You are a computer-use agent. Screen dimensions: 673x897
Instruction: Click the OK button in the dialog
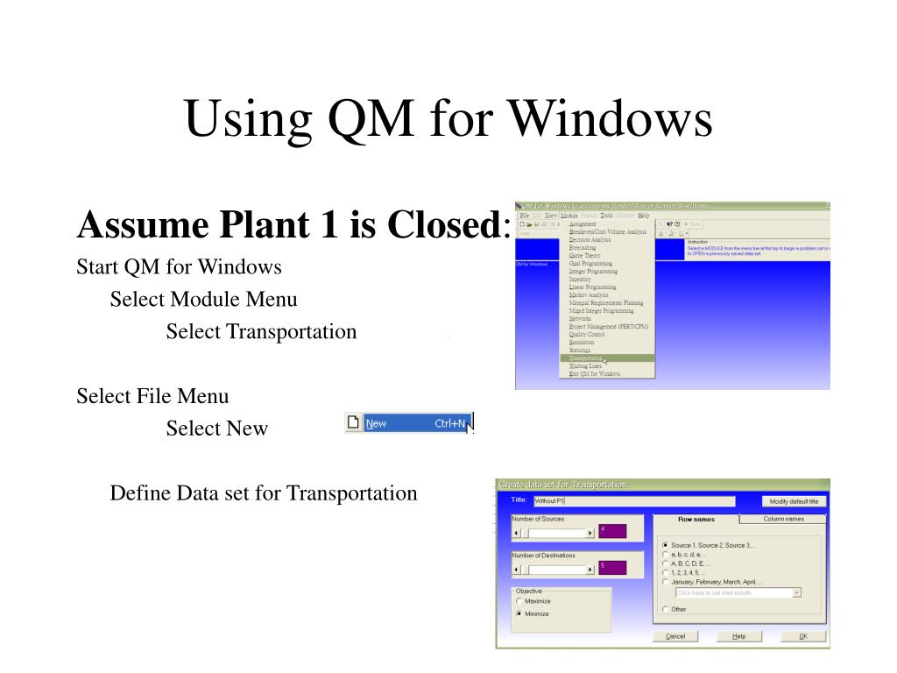pos(802,636)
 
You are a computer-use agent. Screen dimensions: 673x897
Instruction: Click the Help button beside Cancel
pos(739,636)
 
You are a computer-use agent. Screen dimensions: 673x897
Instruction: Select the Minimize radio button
pos(519,613)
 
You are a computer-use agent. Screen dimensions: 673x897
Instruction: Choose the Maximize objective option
pos(519,601)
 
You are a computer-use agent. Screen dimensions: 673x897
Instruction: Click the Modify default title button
pos(794,501)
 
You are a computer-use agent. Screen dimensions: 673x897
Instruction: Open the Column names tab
pos(783,519)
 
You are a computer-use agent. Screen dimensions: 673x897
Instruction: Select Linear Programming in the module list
pos(592,287)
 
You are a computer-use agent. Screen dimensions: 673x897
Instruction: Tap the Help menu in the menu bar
pos(644,215)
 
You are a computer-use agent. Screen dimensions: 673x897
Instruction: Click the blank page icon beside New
pos(354,423)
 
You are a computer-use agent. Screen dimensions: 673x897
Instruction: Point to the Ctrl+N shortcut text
pos(449,424)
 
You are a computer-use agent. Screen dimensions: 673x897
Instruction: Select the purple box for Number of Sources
pos(612,531)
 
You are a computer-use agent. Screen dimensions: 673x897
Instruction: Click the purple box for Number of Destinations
pos(612,568)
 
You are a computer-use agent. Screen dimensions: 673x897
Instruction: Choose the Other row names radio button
pos(666,609)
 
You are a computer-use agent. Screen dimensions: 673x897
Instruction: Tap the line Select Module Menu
pos(203,300)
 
